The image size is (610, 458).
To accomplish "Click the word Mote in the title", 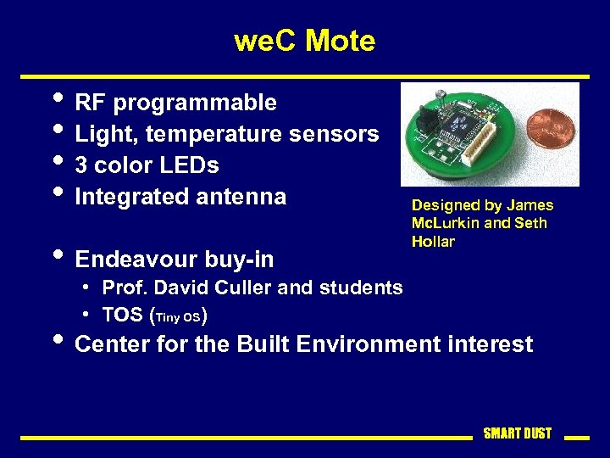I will click(x=339, y=40).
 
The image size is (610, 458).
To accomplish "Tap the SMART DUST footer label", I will click(x=517, y=433).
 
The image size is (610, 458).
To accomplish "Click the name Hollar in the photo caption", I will click(x=433, y=242).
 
